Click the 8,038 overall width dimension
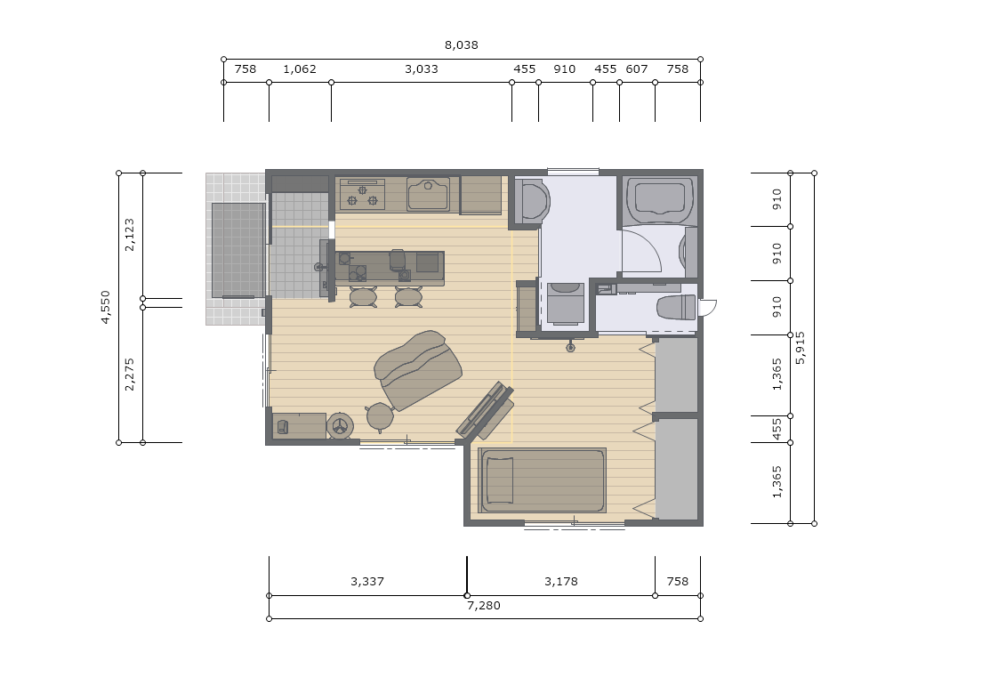462,44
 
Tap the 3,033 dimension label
421,69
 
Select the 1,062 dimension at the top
299,69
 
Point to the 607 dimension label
637,69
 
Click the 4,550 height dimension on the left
106,308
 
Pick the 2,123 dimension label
130,235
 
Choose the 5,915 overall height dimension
801,348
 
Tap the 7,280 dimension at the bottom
484,606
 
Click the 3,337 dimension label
367,581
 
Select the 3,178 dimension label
561,581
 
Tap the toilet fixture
676,308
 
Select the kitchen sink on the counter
429,194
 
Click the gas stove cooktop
362,195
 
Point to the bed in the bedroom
542,480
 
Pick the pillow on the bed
499,480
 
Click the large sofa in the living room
418,369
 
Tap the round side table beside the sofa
380,417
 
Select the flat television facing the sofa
484,410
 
